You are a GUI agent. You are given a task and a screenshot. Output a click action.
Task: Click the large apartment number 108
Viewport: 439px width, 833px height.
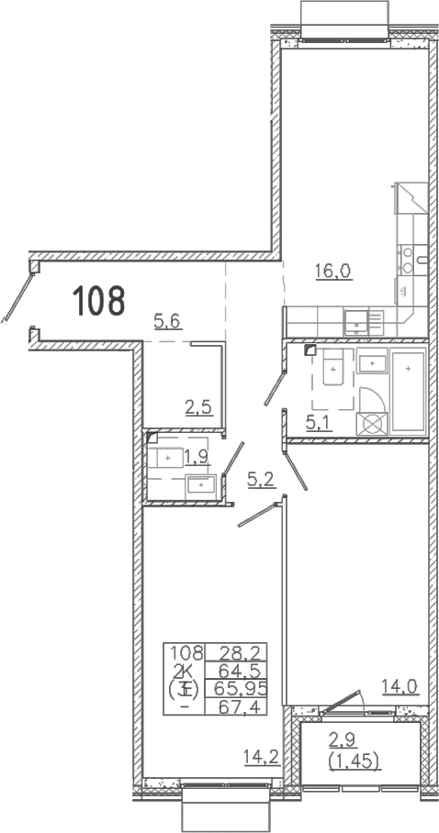pos(98,300)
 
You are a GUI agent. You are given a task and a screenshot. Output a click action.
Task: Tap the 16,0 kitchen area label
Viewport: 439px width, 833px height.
pos(332,272)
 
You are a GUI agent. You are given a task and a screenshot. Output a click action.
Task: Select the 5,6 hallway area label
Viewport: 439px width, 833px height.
pos(168,321)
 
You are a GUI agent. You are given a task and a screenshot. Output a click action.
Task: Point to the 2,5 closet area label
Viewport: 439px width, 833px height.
pos(198,408)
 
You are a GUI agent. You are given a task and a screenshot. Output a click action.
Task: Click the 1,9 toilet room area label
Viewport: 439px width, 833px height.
pos(197,457)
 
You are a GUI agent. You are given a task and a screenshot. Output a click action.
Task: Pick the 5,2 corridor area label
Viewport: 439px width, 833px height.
pos(261,480)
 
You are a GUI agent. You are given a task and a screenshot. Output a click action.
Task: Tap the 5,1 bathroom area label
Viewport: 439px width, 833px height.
pos(319,424)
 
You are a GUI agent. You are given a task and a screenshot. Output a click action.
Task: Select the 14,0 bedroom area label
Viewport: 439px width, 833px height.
pos(400,687)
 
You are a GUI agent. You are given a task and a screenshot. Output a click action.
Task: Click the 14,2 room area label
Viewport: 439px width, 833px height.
pos(262,755)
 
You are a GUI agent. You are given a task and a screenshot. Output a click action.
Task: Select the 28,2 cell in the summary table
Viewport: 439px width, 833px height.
pos(236,652)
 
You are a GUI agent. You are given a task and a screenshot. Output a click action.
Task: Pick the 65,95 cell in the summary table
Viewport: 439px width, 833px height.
pos(239,688)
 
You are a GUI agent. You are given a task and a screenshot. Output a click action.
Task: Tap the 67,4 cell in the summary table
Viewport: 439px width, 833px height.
pos(236,706)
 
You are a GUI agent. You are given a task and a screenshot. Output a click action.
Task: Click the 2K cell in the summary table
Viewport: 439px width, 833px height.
pos(183,671)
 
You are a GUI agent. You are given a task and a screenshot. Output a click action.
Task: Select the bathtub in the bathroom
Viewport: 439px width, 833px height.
pos(408,392)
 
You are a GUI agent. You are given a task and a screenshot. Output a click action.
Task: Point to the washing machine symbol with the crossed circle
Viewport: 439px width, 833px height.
pos(371,424)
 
